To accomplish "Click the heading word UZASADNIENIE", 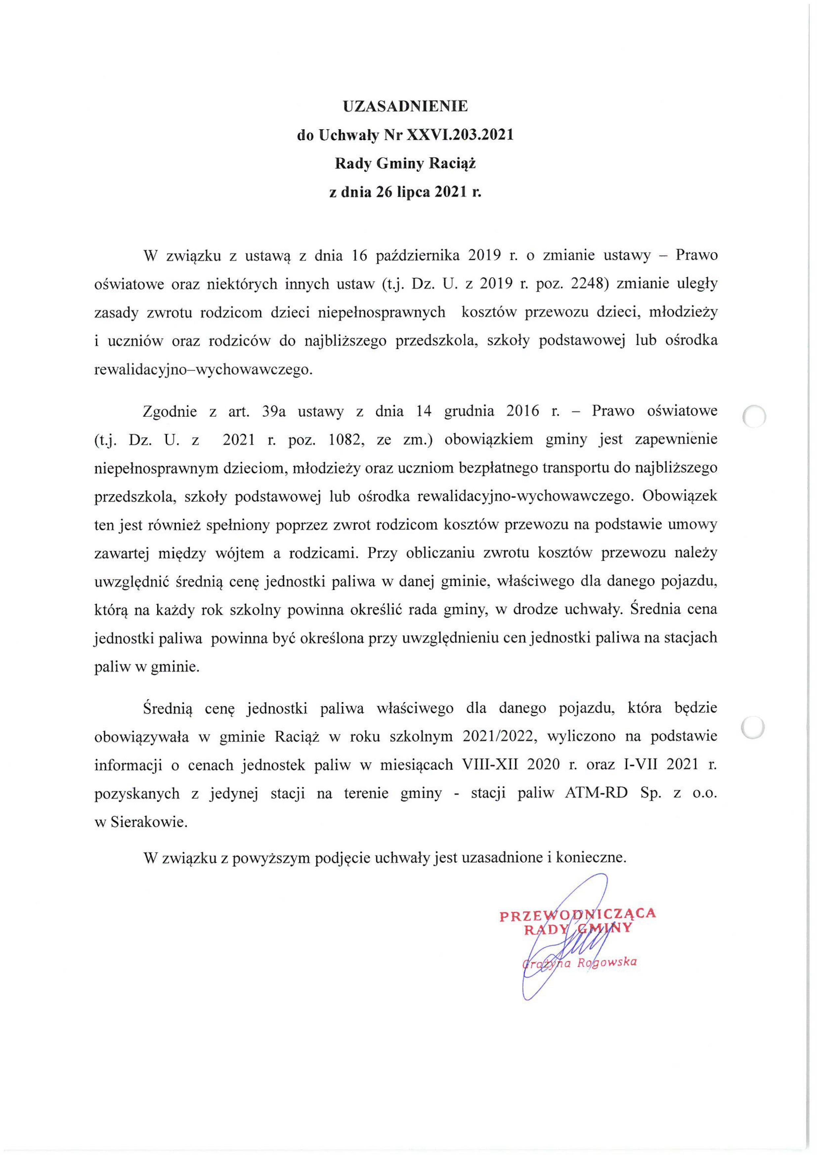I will point(405,106).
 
